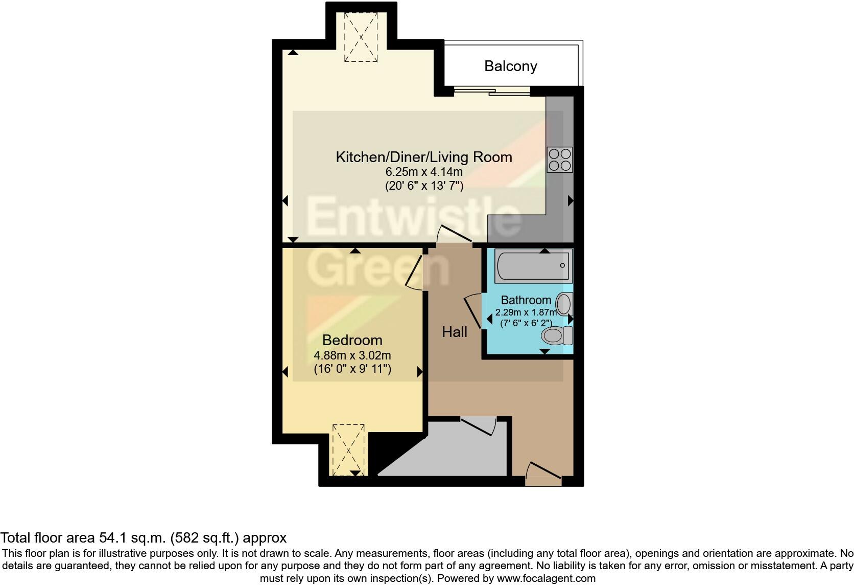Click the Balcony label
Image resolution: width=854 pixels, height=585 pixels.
coord(510,66)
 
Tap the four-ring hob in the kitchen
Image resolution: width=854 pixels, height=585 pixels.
coord(559,159)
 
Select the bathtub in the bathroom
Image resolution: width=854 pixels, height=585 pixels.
coord(533,265)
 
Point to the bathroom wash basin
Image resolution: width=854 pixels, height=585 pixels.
coord(564,304)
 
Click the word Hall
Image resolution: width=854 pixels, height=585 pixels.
coord(455,332)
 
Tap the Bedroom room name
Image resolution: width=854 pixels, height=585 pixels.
coord(352,341)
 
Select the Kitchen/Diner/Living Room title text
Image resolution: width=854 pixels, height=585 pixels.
coord(423,157)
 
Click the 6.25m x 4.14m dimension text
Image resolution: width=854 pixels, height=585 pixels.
coord(424,172)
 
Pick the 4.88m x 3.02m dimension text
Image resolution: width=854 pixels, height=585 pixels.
coord(352,355)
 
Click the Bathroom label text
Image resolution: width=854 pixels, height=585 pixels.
coord(526,300)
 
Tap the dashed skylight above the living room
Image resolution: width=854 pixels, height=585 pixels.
coord(361,37)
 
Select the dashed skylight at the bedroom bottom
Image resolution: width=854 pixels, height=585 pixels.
coord(348,450)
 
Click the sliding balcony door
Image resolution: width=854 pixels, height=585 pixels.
coord(491,92)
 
